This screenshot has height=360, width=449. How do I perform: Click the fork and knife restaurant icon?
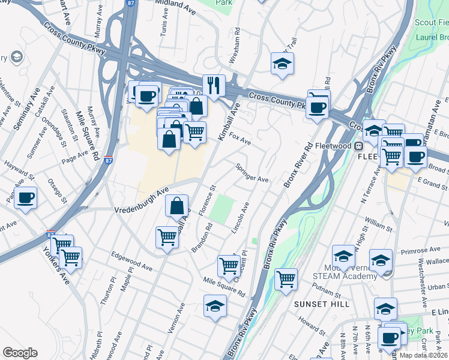point(214,85)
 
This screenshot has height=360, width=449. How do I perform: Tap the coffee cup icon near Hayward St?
point(25,197)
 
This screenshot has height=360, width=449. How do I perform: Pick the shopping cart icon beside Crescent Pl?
point(229,265)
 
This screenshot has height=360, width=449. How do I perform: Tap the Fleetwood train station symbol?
point(358,146)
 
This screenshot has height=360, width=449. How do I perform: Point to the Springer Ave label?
point(252,172)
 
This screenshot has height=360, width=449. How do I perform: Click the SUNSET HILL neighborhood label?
point(322,304)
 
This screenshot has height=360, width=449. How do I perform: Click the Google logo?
point(20,353)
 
